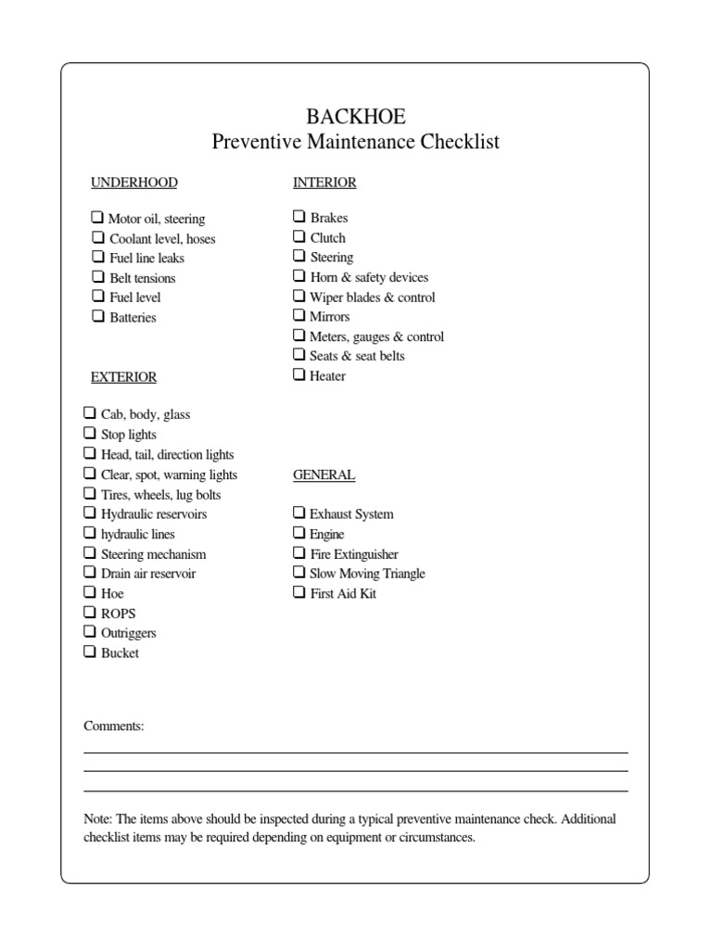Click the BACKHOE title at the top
[x=356, y=116]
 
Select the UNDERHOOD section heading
[x=133, y=183]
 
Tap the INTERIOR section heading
[x=324, y=183]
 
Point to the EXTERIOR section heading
[x=123, y=377]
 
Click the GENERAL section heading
[x=324, y=474]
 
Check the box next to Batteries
[x=97, y=316]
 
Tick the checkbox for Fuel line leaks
[x=97, y=257]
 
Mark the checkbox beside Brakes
[x=299, y=216]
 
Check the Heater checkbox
[x=299, y=374]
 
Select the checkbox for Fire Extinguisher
[x=299, y=552]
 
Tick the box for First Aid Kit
[x=299, y=592]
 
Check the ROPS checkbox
[x=90, y=612]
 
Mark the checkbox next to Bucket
[x=90, y=652]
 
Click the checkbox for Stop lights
[x=90, y=433]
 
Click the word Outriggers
[x=128, y=633]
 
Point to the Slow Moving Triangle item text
[x=367, y=574]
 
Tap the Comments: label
[x=114, y=726]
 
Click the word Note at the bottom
[x=96, y=819]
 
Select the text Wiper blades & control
[x=372, y=297]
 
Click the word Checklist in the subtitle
[x=460, y=142]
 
